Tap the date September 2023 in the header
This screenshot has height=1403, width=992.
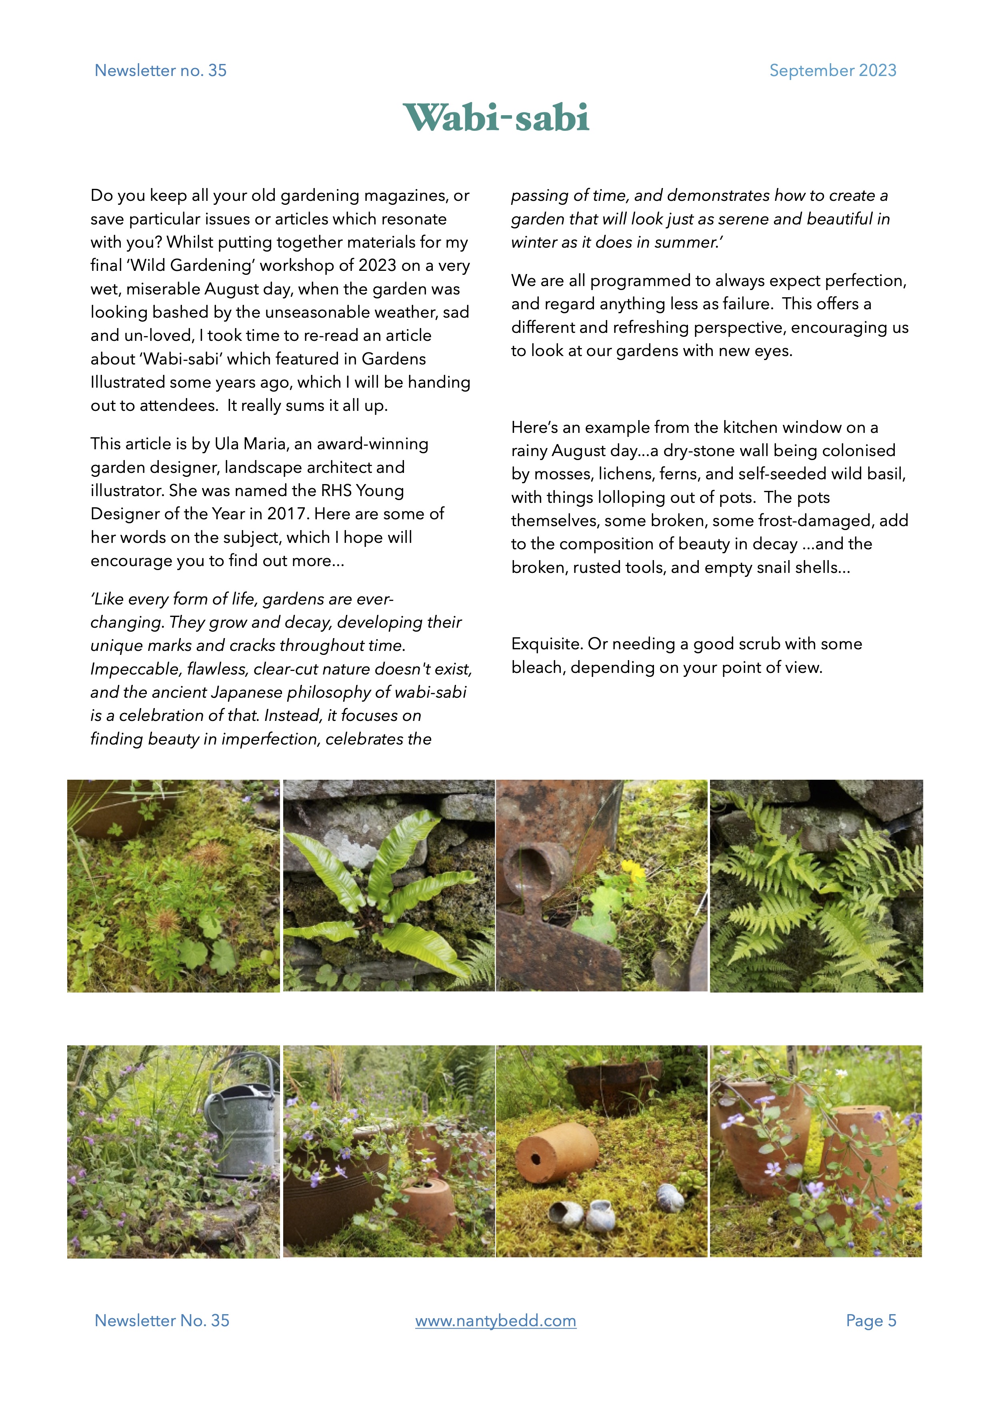(832, 70)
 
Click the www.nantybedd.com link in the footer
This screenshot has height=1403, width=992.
(495, 1321)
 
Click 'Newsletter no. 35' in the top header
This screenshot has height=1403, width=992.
(161, 70)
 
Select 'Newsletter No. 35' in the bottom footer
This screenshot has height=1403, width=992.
(162, 1321)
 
